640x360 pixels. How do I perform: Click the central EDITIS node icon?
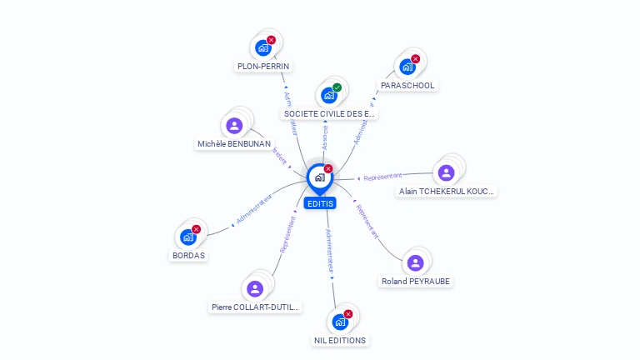coord(319,177)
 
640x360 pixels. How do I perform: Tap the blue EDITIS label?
coord(319,203)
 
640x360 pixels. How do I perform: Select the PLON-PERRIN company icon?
coord(263,48)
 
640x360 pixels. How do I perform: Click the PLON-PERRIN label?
coord(264,66)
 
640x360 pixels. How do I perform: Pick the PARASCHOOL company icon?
coord(407,67)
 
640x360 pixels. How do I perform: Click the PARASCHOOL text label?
coord(407,85)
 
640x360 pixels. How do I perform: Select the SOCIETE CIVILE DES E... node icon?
coord(329,95)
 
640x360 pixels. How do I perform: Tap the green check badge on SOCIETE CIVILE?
coord(337,87)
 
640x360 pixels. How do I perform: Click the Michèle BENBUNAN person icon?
coord(234,126)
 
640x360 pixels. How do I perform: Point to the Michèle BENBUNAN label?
coord(234,143)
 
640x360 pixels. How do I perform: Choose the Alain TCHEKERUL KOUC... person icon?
coord(446,173)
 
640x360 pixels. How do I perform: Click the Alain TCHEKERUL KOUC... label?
coord(447,191)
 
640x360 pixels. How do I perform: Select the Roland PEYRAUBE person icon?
coord(415,263)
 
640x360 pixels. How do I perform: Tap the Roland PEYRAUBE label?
coord(416,281)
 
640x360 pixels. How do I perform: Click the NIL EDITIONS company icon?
coord(340,322)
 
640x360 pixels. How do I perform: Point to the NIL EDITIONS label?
coord(340,340)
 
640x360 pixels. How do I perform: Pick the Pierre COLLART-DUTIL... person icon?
coord(255,288)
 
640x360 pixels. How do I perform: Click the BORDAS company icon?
coord(188,237)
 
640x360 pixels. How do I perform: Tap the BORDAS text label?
coord(188,255)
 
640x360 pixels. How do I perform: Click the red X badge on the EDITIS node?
coord(328,168)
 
